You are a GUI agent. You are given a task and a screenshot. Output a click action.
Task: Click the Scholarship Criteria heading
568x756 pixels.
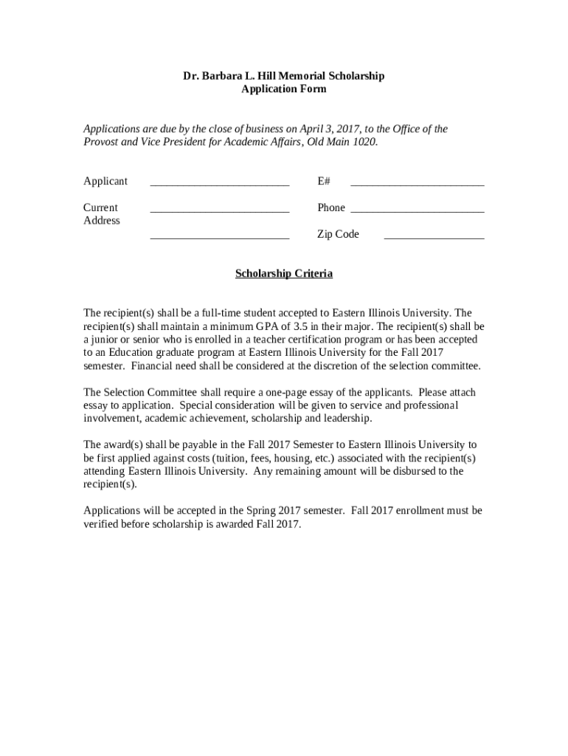[284, 274]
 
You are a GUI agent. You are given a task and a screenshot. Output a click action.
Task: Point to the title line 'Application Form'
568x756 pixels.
[284, 89]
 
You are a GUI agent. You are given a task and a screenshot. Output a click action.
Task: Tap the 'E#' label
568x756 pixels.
[324, 182]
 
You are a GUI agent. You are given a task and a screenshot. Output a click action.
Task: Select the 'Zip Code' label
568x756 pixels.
[338, 235]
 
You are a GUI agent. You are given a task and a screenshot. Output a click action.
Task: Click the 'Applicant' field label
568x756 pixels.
[105, 182]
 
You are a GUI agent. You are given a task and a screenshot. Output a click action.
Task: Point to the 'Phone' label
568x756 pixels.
[331, 208]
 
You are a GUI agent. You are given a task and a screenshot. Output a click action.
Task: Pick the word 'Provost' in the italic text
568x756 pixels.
[100, 142]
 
